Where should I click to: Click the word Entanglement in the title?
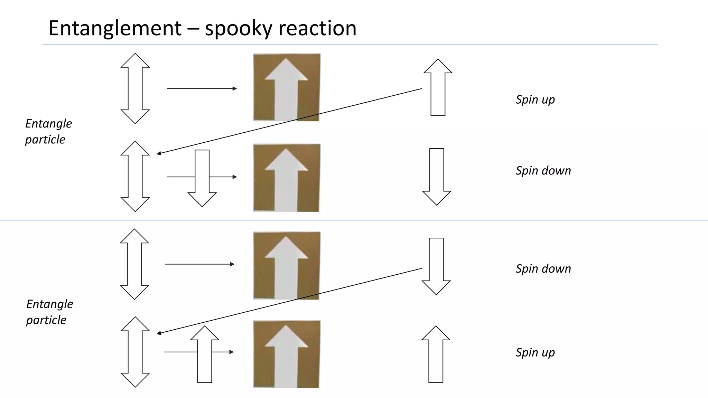[x=115, y=28]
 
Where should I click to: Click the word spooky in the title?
[x=238, y=28]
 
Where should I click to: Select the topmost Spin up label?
[x=535, y=100]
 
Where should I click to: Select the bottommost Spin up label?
[x=535, y=353]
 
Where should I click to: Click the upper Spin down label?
[x=543, y=171]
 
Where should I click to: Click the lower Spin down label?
[x=543, y=269]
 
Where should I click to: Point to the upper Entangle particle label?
[x=48, y=131]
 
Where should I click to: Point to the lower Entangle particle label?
[x=49, y=312]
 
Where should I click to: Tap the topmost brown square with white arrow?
[x=287, y=87]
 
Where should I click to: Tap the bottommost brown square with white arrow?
[x=287, y=354]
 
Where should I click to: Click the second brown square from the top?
[x=287, y=178]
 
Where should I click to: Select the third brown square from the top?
[x=287, y=265]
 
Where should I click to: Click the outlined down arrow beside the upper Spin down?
[x=437, y=177]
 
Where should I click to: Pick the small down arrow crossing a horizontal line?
[x=202, y=178]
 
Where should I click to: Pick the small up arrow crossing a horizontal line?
[x=205, y=354]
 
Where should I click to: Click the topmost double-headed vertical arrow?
[x=135, y=88]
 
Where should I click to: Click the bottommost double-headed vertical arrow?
[x=135, y=352]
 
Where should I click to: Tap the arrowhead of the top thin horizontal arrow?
[x=235, y=89]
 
